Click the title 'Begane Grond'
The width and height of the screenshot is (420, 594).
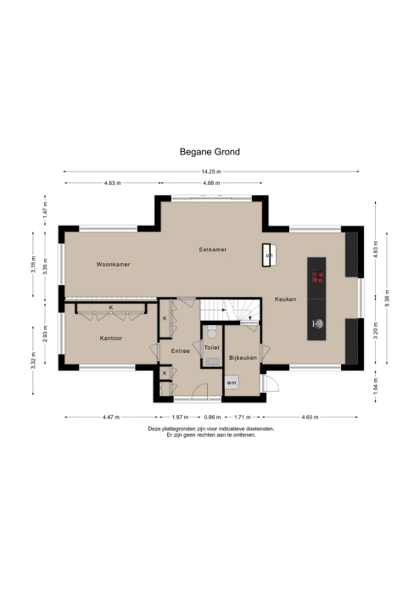[210, 152]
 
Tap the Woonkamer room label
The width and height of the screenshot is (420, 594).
[113, 265]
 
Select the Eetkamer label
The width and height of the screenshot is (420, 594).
[212, 249]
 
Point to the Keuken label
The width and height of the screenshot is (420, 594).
[285, 300]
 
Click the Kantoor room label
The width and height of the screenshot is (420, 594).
[111, 338]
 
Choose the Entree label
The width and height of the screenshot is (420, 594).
[180, 350]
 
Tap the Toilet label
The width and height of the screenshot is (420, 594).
[211, 348]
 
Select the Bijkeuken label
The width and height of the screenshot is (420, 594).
[243, 359]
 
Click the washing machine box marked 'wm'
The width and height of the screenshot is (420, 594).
[231, 383]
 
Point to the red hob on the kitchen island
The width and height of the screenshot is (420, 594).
[318, 275]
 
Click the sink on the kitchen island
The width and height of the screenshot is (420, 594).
[318, 323]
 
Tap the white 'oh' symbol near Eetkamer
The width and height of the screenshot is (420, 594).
[269, 255]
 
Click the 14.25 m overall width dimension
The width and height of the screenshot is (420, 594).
[209, 173]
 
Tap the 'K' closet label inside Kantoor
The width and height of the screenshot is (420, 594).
[110, 307]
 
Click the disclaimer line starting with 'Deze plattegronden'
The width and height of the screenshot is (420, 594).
[210, 429]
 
